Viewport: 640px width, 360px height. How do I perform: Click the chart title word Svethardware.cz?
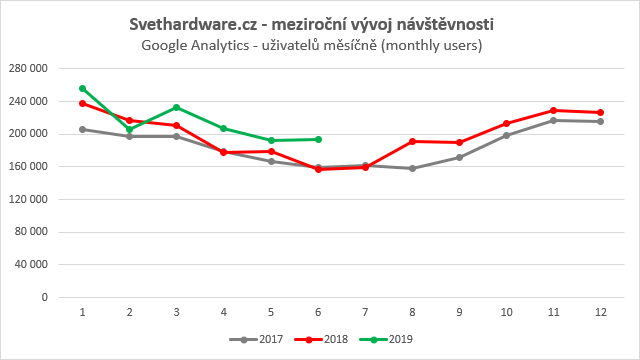click(190, 23)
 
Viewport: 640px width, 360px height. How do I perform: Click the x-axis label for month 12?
click(600, 312)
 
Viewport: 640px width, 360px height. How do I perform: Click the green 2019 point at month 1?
click(82, 88)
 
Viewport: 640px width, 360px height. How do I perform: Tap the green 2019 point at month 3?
click(176, 107)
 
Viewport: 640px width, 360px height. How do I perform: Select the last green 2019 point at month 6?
click(318, 139)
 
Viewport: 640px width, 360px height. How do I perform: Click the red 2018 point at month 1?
click(82, 103)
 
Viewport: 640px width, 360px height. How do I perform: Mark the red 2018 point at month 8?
click(412, 141)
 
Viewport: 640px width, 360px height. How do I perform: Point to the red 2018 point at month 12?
click(600, 112)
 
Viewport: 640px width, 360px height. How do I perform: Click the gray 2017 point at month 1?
click(82, 129)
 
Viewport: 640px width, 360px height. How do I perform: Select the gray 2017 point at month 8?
click(412, 168)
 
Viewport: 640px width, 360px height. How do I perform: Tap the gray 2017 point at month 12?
click(600, 121)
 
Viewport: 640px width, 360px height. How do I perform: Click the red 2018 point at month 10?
click(506, 123)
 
